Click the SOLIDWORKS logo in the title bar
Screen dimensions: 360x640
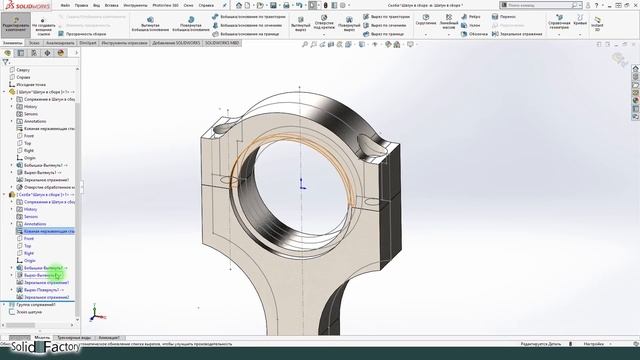(x=24, y=4)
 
